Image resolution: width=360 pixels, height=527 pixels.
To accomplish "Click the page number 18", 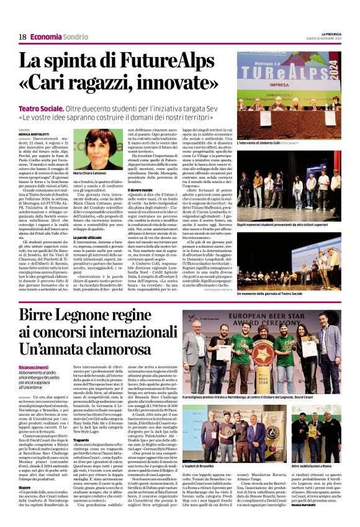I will [x=22, y=37].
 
